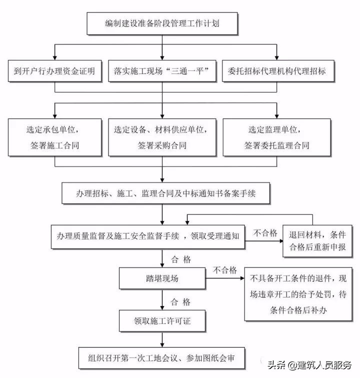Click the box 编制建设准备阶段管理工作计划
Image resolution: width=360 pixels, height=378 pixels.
163,23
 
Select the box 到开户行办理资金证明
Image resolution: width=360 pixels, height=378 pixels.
54,71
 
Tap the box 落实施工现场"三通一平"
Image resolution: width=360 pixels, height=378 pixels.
162,71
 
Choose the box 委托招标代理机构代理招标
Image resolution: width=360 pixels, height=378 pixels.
276,71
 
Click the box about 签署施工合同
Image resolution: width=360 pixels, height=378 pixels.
54,137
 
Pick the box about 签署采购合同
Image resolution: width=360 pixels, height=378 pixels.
162,137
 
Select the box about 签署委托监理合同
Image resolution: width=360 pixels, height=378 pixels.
276,137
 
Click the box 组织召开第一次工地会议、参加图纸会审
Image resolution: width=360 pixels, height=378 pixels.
163,358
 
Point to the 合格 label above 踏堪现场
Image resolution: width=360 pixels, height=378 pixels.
181,258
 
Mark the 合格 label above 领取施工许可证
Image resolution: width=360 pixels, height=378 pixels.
181,301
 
